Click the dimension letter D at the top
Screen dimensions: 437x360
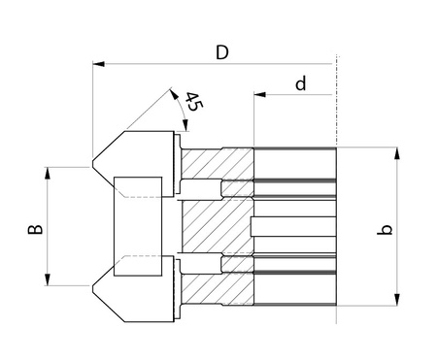[x=222, y=52]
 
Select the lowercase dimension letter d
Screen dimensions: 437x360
[x=301, y=83]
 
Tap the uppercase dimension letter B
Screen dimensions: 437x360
[x=35, y=229]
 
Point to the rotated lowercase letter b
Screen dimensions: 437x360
[x=385, y=229]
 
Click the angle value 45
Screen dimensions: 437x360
[x=193, y=102]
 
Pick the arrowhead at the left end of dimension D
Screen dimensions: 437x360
[x=98, y=64]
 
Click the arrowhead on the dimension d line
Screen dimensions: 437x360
[x=260, y=94]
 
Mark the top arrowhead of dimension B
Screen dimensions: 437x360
[x=48, y=173]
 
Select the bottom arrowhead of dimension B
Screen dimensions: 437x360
[x=48, y=279]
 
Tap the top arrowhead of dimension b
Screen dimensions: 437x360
[x=397, y=153]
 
